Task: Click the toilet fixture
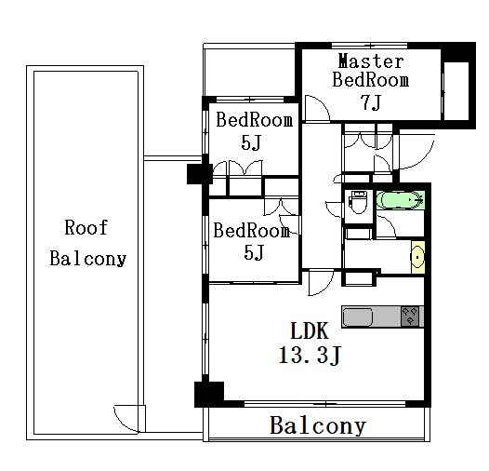pos(358,202)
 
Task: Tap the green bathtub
pos(400,200)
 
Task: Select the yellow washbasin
pos(418,257)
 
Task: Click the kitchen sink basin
pos(357,317)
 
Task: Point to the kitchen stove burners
pos(410,316)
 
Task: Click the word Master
pos(371,61)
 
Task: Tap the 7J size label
pos(371,102)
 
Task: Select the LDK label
pos(310,331)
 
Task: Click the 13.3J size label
pos(311,356)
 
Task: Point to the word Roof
pos(86,227)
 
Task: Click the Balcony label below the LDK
pos(317,425)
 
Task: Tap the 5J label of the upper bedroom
pos(251,143)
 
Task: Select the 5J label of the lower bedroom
pos(254,252)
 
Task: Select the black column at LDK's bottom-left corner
pos(209,394)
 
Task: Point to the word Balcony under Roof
pos(88,259)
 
